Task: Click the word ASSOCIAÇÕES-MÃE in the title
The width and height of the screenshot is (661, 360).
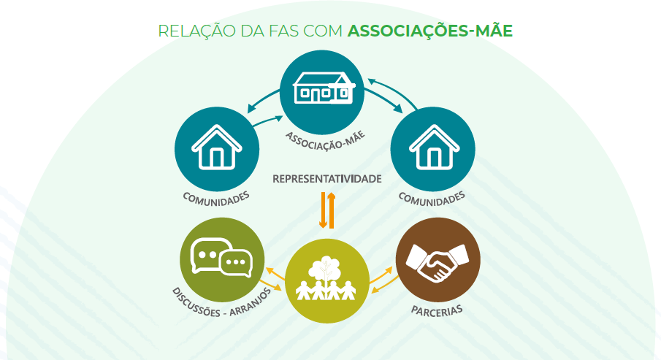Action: click(x=430, y=31)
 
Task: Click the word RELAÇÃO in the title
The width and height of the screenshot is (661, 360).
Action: click(x=188, y=31)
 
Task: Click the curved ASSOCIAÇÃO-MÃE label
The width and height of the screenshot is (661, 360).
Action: click(x=324, y=138)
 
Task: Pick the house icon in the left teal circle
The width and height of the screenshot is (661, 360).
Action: click(x=216, y=146)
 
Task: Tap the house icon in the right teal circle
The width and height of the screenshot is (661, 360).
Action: click(x=434, y=146)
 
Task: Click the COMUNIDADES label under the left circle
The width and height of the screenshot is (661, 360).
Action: click(x=216, y=198)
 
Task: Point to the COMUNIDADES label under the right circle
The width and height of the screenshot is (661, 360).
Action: click(x=432, y=198)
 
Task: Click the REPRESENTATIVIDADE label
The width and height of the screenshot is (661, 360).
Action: click(x=327, y=178)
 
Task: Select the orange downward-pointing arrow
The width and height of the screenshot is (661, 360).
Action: click(x=322, y=210)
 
